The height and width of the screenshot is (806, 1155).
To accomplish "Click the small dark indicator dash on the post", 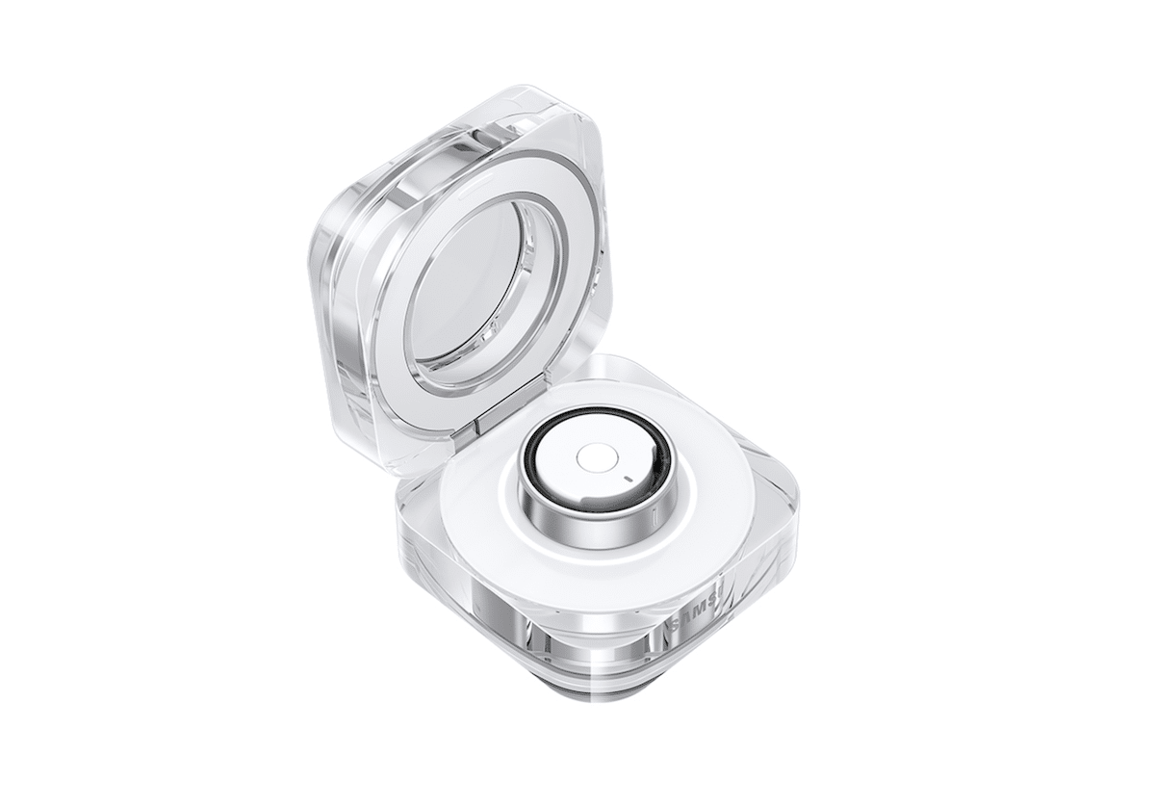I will pyautogui.click(x=627, y=479).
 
